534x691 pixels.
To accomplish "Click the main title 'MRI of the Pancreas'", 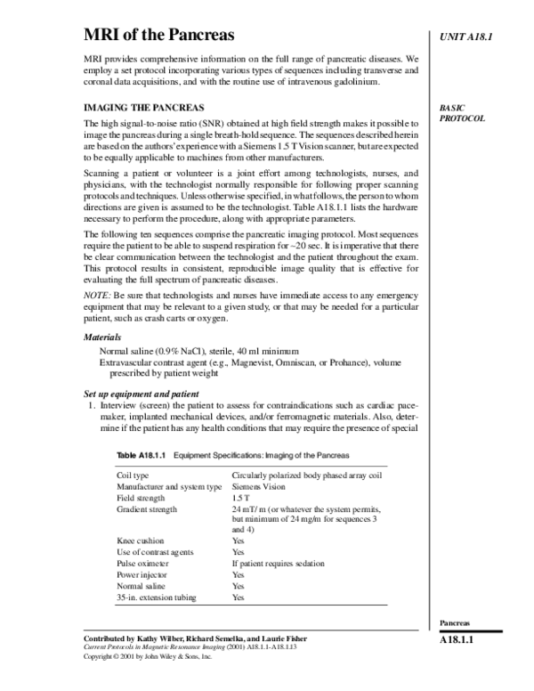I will click(x=159, y=36).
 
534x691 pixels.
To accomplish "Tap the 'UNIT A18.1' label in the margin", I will click(x=467, y=37).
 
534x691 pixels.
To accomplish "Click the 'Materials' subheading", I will click(x=102, y=338).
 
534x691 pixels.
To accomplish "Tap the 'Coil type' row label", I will click(x=133, y=476).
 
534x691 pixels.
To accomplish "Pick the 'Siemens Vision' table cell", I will click(x=259, y=487).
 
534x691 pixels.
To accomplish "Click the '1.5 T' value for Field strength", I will click(x=240, y=499).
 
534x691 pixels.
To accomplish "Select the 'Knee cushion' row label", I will click(x=141, y=541).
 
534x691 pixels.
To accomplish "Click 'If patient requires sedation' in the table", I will click(x=278, y=564).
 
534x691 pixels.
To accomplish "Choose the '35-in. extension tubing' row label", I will click(x=157, y=598).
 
